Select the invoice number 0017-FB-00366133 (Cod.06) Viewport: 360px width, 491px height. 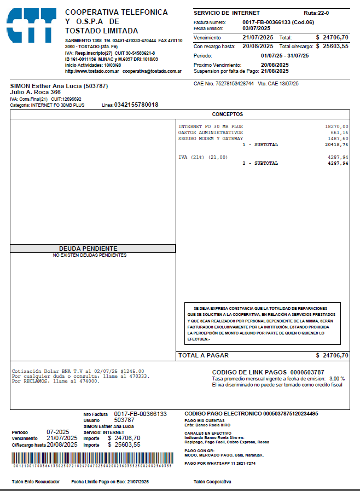pyautogui.click(x=278, y=22)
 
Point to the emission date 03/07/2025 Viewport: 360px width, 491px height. pyautogui.click(x=256, y=28)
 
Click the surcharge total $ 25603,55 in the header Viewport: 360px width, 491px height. pyautogui.click(x=332, y=46)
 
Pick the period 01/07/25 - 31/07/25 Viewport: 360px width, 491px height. pyautogui.click(x=284, y=55)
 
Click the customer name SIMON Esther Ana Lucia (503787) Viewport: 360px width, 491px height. pyautogui.click(x=59, y=86)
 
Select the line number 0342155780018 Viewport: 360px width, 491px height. pyautogui.click(x=136, y=105)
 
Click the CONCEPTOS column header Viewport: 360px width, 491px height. pyautogui.click(x=228, y=114)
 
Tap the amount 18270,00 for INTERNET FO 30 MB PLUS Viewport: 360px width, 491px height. pyautogui.click(x=336, y=126)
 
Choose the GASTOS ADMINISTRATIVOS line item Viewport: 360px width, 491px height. pyautogui.click(x=210, y=132)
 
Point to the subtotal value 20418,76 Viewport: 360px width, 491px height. pyautogui.click(x=336, y=145)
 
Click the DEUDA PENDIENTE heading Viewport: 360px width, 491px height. pyautogui.click(x=88, y=249)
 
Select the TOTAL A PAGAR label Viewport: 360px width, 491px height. pyautogui.click(x=203, y=355)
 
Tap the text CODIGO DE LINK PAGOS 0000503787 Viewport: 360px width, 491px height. pyautogui.click(x=268, y=372)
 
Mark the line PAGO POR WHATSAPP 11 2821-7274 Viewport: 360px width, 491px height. pyautogui.click(x=220, y=463)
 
